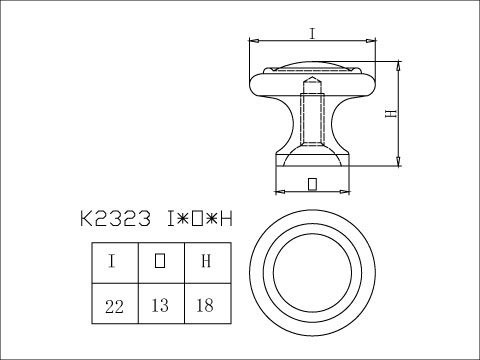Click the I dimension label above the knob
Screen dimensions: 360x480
pos(312,33)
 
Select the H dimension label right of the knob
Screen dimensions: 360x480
pos(392,113)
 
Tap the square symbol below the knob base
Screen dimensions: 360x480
pos(312,184)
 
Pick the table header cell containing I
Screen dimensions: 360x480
pos(112,262)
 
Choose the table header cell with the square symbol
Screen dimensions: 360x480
pos(159,262)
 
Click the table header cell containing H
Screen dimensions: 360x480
pos(206,262)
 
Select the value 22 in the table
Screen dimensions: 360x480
pos(112,304)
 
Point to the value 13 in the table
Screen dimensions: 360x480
pos(159,304)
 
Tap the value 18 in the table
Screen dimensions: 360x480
pos(206,304)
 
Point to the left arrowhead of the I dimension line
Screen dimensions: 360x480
pos(253,42)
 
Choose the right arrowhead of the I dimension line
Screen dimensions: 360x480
pos(373,42)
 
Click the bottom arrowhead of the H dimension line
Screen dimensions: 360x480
pos(399,163)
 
